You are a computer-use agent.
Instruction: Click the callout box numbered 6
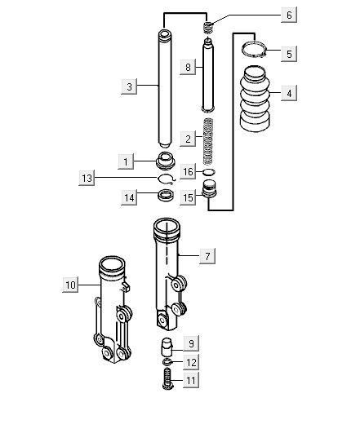289,15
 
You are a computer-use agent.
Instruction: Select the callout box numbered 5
289,54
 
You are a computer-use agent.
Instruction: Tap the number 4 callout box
289,93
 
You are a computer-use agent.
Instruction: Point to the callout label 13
87,178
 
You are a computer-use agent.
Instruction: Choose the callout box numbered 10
70,285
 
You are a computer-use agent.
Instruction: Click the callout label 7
207,256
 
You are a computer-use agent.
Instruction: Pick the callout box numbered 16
188,171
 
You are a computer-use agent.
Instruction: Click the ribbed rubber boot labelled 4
255,99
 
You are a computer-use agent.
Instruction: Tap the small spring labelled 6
208,28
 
